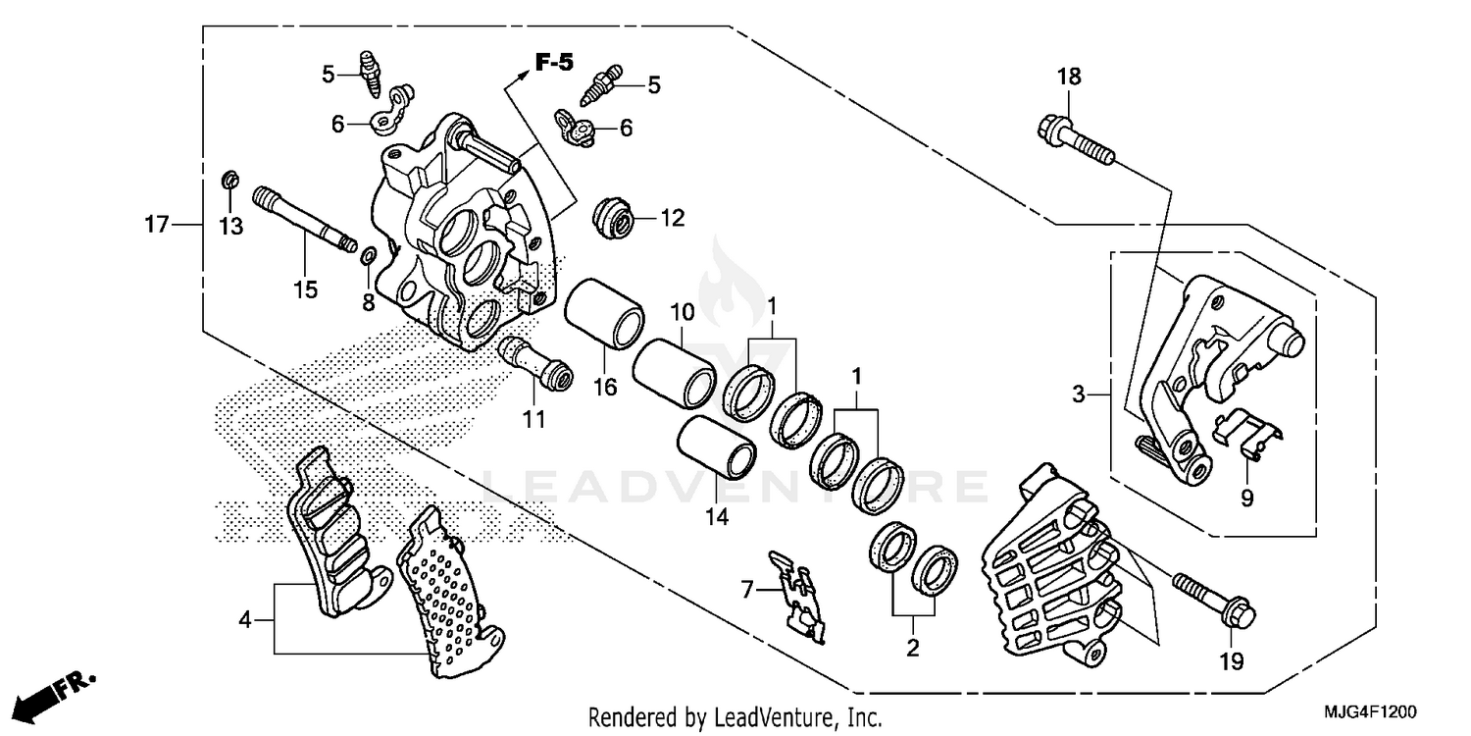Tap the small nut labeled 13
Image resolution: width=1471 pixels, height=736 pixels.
[x=229, y=182]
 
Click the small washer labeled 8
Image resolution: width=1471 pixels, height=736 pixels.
[x=367, y=257]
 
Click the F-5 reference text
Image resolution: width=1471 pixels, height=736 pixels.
[x=554, y=64]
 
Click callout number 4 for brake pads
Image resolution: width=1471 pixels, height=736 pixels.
[x=245, y=619]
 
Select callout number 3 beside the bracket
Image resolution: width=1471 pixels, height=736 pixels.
[x=1079, y=395]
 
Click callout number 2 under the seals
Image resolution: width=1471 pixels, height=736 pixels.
[x=912, y=648]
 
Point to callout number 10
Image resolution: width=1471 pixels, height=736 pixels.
[x=682, y=313]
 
